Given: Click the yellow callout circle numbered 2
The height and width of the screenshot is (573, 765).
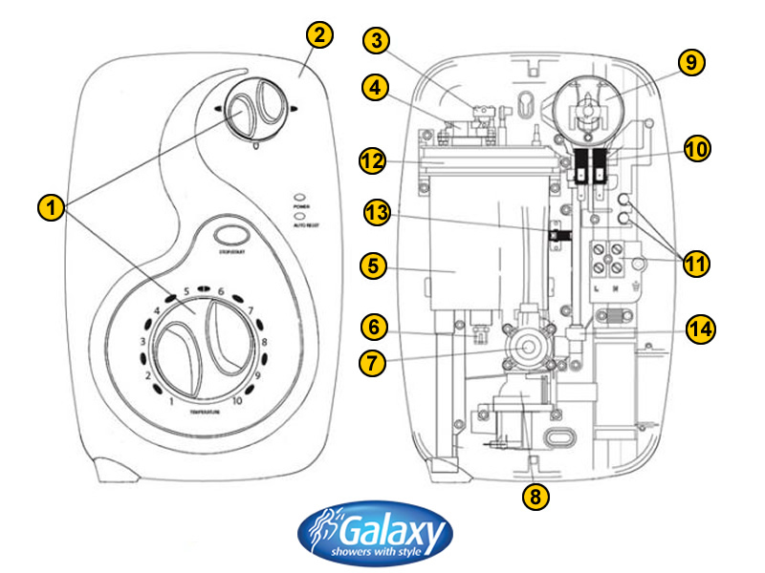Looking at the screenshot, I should click(x=320, y=36).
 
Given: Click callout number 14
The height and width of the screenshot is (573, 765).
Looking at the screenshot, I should click(x=703, y=329).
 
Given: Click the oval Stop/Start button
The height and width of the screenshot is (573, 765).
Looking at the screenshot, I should click(x=229, y=234).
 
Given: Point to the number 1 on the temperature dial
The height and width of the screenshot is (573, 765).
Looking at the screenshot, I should click(x=171, y=400).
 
